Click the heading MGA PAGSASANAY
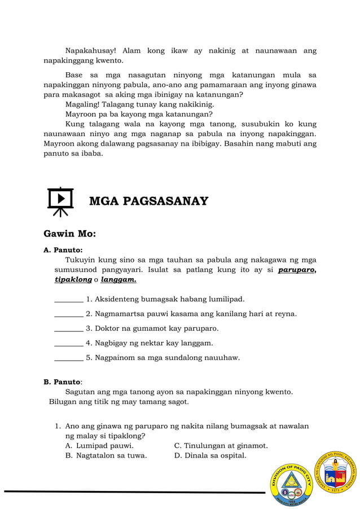(148, 201)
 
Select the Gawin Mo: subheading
(69, 234)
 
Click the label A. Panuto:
(63, 249)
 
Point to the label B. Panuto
(63, 382)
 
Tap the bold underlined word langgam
(118, 280)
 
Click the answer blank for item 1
(68, 299)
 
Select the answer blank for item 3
(68, 328)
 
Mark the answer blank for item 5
(68, 358)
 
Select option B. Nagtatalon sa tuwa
(106, 456)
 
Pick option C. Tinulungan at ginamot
(221, 446)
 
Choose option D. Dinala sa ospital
(210, 456)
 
